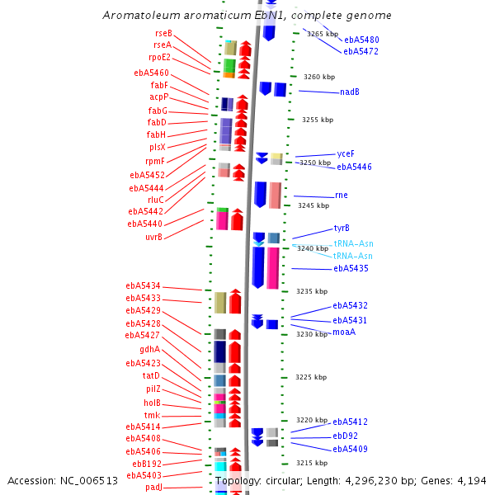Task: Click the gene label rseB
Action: point(163,32)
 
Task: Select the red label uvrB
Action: point(153,238)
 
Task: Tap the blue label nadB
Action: point(349,92)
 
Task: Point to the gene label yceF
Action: point(346,153)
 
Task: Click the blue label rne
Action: point(341,196)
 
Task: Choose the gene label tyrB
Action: point(342,228)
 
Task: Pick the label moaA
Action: point(344,332)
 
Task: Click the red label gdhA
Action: point(149,349)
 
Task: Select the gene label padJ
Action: point(154,487)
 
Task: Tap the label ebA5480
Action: point(361,40)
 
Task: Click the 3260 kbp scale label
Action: point(319,77)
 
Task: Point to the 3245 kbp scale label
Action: point(313,205)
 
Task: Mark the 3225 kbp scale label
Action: point(311,377)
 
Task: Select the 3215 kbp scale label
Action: point(312,463)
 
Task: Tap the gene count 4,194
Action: point(470,481)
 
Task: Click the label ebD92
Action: point(345,436)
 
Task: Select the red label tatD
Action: point(149,375)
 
